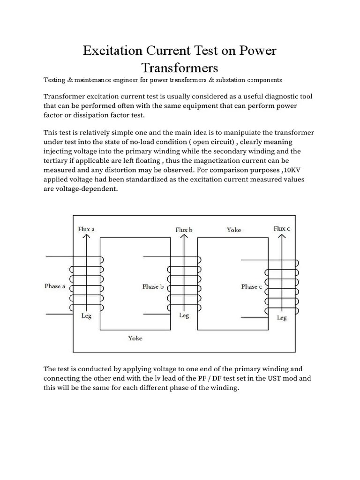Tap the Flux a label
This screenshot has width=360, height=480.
click(x=86, y=229)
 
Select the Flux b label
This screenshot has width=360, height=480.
click(x=184, y=230)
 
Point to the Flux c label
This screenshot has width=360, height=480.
click(x=282, y=228)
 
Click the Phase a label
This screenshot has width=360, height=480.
click(x=55, y=286)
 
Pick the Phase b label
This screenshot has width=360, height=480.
click(x=153, y=286)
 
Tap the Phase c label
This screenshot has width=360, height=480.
click(x=251, y=286)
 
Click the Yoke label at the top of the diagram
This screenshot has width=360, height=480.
click(x=233, y=230)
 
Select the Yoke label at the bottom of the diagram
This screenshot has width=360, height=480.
click(x=135, y=338)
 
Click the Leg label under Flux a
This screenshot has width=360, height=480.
click(x=86, y=316)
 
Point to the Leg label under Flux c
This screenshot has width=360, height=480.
click(x=282, y=318)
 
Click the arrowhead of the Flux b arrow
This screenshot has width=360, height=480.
click(x=184, y=237)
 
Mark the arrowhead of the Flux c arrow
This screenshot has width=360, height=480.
click(x=282, y=237)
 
